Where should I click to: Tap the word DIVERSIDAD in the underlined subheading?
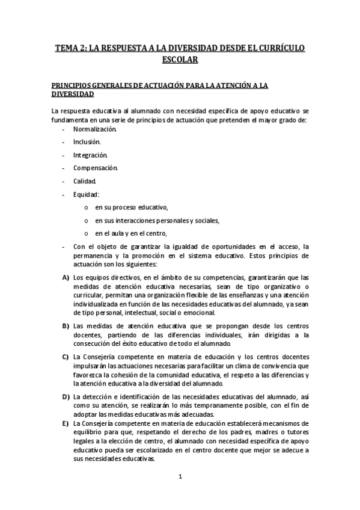[73, 94]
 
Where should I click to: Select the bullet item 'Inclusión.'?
[87, 142]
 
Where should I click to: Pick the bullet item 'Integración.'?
[91, 155]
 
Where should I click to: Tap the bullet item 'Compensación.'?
[96, 168]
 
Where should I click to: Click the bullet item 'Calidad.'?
[85, 181]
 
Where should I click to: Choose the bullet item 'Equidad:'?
[86, 194]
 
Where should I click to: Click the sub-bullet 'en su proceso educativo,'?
[132, 207]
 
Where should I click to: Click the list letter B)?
[66, 325]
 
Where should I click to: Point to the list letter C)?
[66, 357]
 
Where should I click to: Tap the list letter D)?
[66, 397]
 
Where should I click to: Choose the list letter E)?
[66, 423]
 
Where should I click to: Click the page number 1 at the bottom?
[180, 477]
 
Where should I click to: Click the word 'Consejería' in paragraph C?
[99, 357]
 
